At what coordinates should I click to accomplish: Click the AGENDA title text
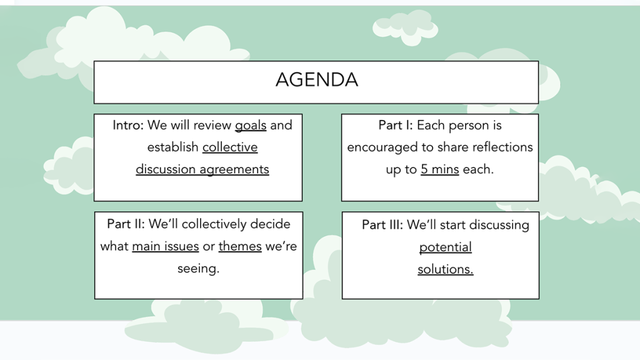click(x=317, y=79)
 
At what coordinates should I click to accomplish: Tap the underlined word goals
click(x=251, y=126)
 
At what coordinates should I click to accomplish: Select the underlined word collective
click(x=230, y=147)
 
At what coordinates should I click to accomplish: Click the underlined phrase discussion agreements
click(x=202, y=169)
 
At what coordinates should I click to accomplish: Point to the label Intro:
click(x=128, y=125)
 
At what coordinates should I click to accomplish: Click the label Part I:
click(x=396, y=125)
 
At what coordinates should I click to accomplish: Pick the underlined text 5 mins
click(x=440, y=169)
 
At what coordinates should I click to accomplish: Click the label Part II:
click(x=126, y=224)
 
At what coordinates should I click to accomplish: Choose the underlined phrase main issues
click(x=165, y=246)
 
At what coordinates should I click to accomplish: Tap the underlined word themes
click(x=240, y=246)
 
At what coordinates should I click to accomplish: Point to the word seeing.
click(x=198, y=269)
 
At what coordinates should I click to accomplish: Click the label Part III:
click(x=382, y=224)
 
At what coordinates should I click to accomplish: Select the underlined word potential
click(x=445, y=247)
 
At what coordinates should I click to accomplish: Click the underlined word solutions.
click(x=445, y=269)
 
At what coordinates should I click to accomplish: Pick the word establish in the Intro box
click(x=172, y=147)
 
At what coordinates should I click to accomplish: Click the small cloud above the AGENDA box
click(x=405, y=27)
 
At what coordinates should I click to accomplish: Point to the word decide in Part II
click(x=270, y=224)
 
